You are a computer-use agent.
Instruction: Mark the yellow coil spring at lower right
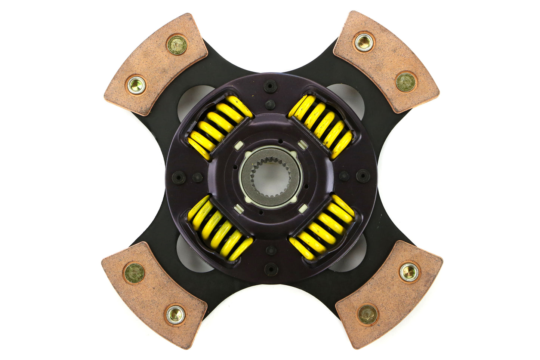(322, 228)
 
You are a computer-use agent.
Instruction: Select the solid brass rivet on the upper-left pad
(177, 45)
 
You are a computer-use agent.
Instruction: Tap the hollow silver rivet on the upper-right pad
(364, 42)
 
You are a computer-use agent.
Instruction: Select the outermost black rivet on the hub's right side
(362, 176)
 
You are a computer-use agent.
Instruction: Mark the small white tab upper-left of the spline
(239, 145)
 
